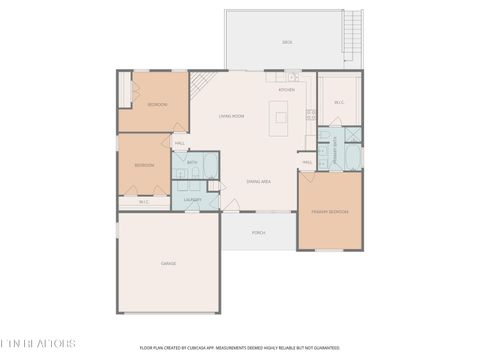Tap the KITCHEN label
(286, 90)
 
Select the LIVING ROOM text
(232, 116)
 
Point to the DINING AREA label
(260, 181)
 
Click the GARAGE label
(168, 263)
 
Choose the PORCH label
(258, 232)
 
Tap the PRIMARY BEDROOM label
(330, 212)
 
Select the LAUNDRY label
(192, 199)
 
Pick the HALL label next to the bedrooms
(180, 143)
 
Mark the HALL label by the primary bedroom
(307, 162)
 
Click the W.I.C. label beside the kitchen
(339, 101)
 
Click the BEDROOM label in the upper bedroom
(157, 104)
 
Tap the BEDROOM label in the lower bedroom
(145, 165)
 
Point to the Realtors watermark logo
(38, 343)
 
